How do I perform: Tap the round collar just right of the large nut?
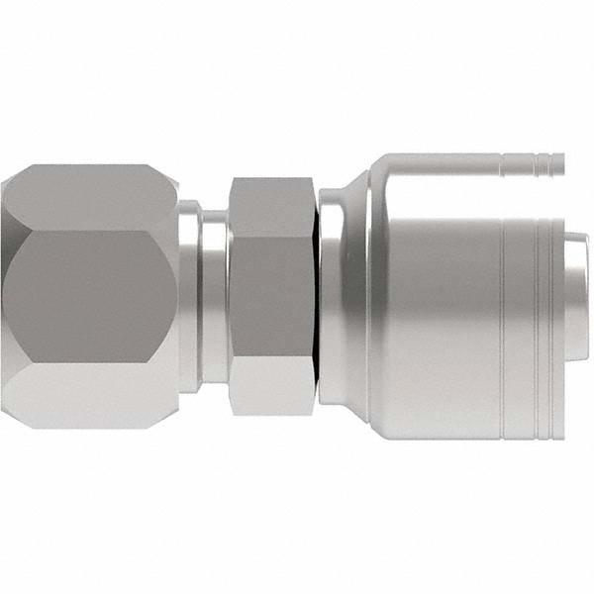click(187, 297)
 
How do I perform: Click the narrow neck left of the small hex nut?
click(214, 297)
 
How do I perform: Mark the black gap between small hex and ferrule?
click(319, 297)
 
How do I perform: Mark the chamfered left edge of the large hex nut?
click(8, 297)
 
